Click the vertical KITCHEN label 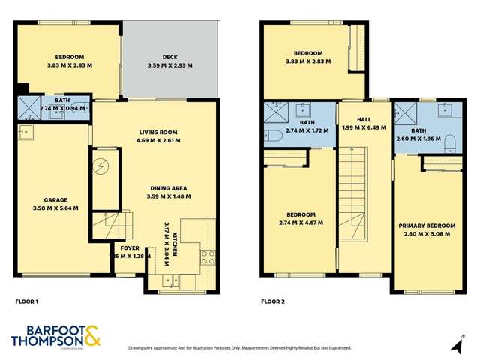point(175,244)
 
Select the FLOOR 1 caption point(27,301)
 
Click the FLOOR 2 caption point(274,301)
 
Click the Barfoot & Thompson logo point(55,337)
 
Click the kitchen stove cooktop point(208,257)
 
